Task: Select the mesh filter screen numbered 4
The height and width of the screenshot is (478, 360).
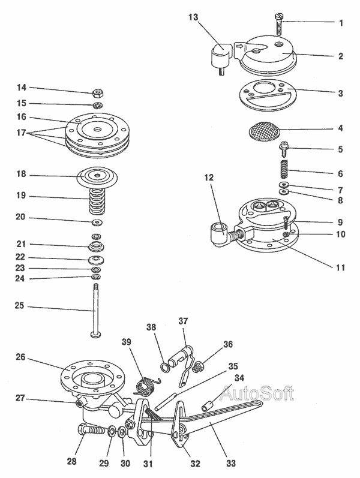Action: [x=265, y=130]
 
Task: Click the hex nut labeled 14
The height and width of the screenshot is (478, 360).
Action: [x=97, y=93]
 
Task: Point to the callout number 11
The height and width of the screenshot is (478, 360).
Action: [x=340, y=267]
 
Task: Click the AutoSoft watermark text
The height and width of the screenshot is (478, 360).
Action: [x=257, y=394]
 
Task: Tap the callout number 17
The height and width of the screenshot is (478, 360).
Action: [x=19, y=133]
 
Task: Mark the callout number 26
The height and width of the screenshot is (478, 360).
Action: [x=20, y=357]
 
